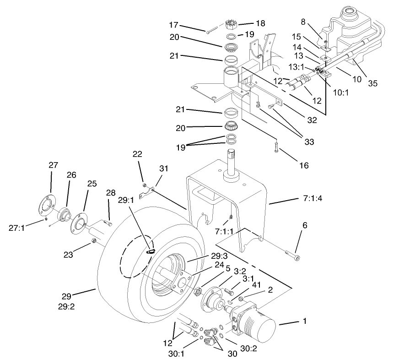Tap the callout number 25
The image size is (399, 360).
pyautogui.click(x=92, y=184)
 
